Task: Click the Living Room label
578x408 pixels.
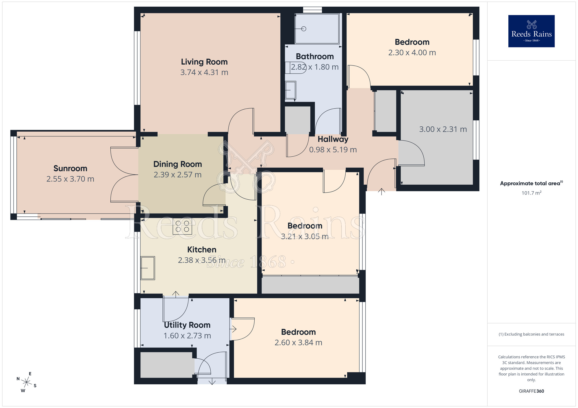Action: (x=204, y=62)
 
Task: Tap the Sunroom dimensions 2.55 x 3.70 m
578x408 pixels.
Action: (x=70, y=179)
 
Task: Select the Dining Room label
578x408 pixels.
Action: (x=177, y=164)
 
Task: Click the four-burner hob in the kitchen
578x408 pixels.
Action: (x=182, y=226)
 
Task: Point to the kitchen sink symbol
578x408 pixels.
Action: (x=148, y=268)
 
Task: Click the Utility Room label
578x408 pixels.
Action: (x=187, y=325)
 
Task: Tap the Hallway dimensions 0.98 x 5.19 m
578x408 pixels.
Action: (x=333, y=150)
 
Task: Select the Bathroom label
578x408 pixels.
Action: (x=315, y=56)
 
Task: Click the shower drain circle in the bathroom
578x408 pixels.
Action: (x=304, y=29)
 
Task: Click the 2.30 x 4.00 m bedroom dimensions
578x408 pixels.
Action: (x=412, y=53)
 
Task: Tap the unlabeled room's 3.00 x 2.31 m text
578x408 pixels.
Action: (x=443, y=129)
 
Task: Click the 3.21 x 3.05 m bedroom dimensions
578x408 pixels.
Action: (x=305, y=237)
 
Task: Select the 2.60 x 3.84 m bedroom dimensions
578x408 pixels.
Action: (x=298, y=343)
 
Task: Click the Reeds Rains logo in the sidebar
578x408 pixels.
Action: (x=531, y=31)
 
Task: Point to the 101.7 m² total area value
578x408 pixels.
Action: (x=531, y=193)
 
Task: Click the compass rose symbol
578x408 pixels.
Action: (x=27, y=383)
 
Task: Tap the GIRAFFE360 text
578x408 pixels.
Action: (x=531, y=391)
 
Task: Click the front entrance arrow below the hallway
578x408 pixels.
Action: (x=381, y=191)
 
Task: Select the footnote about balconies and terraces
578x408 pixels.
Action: (x=531, y=334)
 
